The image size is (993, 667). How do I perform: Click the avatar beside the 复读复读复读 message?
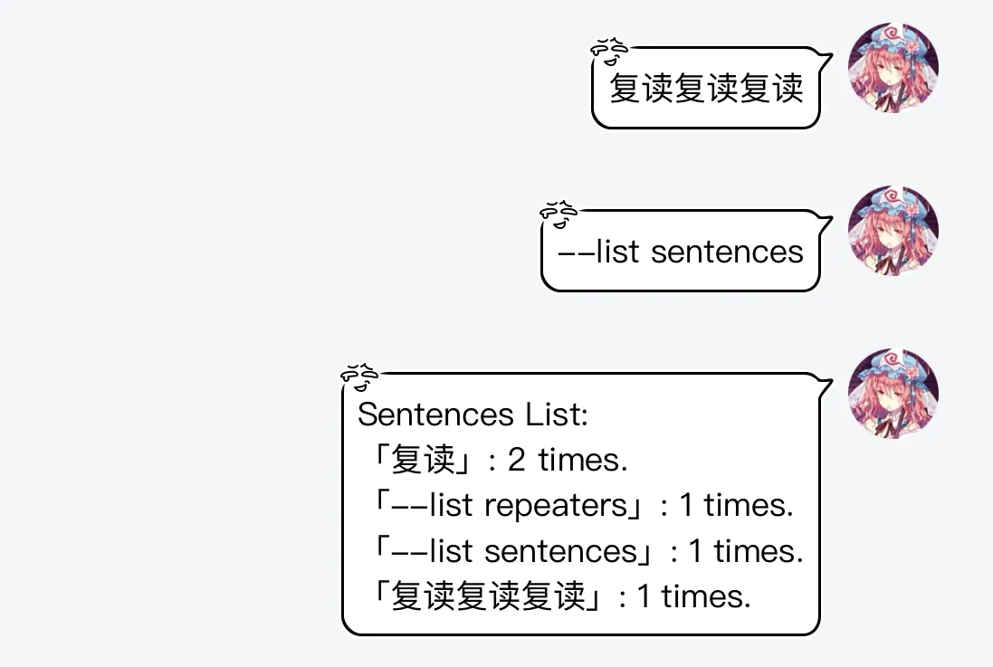click(893, 68)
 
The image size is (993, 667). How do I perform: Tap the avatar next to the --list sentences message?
click(893, 231)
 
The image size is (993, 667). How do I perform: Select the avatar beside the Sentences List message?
click(893, 394)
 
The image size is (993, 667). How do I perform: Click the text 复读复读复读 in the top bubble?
click(706, 88)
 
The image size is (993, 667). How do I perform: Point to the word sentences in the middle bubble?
click(727, 253)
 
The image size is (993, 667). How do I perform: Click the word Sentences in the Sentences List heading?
click(435, 414)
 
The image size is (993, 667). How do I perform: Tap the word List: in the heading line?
click(557, 414)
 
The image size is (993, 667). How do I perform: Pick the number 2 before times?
click(516, 460)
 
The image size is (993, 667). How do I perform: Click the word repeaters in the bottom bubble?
click(556, 506)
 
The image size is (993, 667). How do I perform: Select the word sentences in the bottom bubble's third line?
click(560, 551)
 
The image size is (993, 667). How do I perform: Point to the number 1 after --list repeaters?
click(686, 506)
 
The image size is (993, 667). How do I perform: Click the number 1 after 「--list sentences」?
click(695, 551)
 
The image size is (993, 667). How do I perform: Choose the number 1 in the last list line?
click(644, 596)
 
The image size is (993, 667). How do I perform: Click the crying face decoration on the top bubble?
click(609, 52)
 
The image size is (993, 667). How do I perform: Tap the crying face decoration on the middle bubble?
click(558, 214)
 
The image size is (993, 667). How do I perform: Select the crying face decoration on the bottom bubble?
click(359, 377)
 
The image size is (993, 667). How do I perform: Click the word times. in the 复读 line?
click(583, 460)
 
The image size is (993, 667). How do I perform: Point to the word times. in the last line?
click(706, 596)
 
